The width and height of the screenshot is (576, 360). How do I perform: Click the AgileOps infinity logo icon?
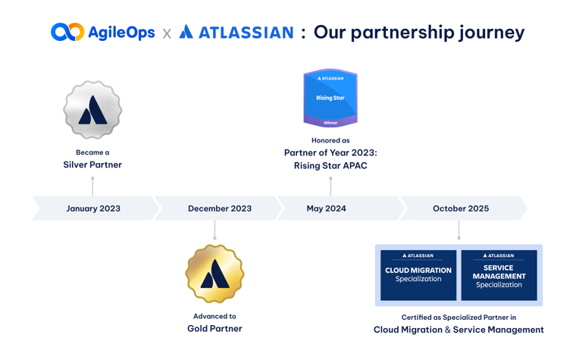pyautogui.click(x=67, y=32)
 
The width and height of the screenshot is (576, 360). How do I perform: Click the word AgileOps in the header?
pyautogui.click(x=121, y=32)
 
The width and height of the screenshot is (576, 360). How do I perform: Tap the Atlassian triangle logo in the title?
pyautogui.click(x=186, y=32)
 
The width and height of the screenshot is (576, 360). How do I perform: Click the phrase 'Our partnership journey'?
pyautogui.click(x=418, y=32)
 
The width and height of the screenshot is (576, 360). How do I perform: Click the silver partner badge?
pyautogui.click(x=92, y=111)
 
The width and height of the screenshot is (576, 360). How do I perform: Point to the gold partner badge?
pyautogui.click(x=214, y=274)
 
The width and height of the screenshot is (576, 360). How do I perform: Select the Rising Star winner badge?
pyautogui.click(x=330, y=98)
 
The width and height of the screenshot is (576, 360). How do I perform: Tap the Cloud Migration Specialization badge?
pyautogui.click(x=418, y=274)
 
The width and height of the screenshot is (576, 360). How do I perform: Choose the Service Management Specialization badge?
pyautogui.click(x=499, y=274)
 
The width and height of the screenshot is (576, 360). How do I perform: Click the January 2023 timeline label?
pyautogui.click(x=93, y=208)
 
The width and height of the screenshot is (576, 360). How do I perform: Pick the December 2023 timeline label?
pyautogui.click(x=220, y=208)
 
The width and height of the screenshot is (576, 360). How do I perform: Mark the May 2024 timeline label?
pyautogui.click(x=326, y=208)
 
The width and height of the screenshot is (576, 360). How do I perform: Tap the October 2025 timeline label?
pyautogui.click(x=461, y=208)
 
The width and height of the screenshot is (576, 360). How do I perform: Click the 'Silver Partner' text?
pyautogui.click(x=92, y=164)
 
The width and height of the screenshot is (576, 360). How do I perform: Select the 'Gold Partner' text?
pyautogui.click(x=214, y=329)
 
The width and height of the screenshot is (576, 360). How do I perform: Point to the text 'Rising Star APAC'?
pyautogui.click(x=330, y=165)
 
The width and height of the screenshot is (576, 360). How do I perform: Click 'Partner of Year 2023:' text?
pyautogui.click(x=330, y=152)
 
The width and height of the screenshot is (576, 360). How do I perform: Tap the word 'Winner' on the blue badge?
pyautogui.click(x=330, y=122)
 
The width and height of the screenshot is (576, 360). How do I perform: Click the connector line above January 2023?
pyautogui.click(x=92, y=186)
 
